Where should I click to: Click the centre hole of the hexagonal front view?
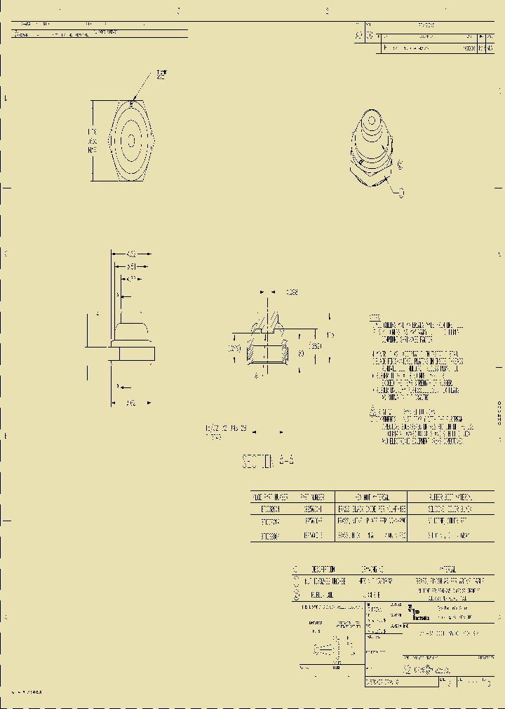pos(131,139)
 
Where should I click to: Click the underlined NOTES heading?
pos(375,317)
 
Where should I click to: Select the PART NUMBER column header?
pos(311,495)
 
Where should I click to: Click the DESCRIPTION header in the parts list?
pos(322,569)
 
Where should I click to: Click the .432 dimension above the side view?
pos(130,254)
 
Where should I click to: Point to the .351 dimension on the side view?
pos(131,266)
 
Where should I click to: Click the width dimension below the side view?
pos(130,403)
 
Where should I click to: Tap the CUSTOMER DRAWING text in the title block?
pos(382,681)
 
